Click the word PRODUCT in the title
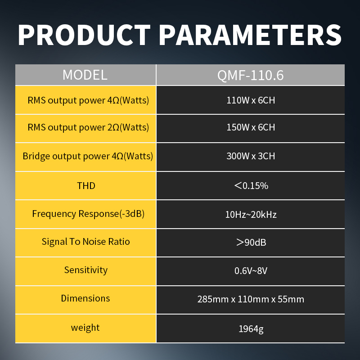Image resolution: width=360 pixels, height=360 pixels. [x=84, y=35]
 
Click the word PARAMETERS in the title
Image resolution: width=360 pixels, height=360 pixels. [x=250, y=35]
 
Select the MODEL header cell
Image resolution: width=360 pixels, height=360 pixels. [x=85, y=75]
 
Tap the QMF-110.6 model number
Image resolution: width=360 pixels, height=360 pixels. [x=251, y=75]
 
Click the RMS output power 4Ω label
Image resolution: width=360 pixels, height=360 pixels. [x=88, y=100]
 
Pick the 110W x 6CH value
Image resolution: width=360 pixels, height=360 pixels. [x=251, y=100]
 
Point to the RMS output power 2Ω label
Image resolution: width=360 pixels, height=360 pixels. [x=88, y=127]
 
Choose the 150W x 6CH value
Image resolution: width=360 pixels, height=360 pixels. [x=251, y=127]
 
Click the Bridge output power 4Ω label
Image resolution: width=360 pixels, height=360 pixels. [x=88, y=156]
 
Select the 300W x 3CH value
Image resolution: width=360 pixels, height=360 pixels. [x=251, y=156]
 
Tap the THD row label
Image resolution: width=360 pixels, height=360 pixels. [x=86, y=186]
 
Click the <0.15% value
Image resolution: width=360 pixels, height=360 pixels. [x=251, y=186]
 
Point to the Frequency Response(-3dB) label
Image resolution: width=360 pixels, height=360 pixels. [x=88, y=214]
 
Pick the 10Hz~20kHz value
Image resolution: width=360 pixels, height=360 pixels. [x=251, y=215]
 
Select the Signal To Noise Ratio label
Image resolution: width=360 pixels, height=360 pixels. [x=85, y=242]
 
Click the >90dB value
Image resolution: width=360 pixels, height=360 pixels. [x=251, y=243]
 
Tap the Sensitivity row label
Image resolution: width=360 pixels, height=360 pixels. [x=86, y=270]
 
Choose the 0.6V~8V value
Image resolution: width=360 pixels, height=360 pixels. [x=251, y=271]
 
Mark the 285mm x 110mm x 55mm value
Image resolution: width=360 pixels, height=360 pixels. [x=251, y=299]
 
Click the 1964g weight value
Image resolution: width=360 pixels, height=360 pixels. [x=251, y=329]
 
